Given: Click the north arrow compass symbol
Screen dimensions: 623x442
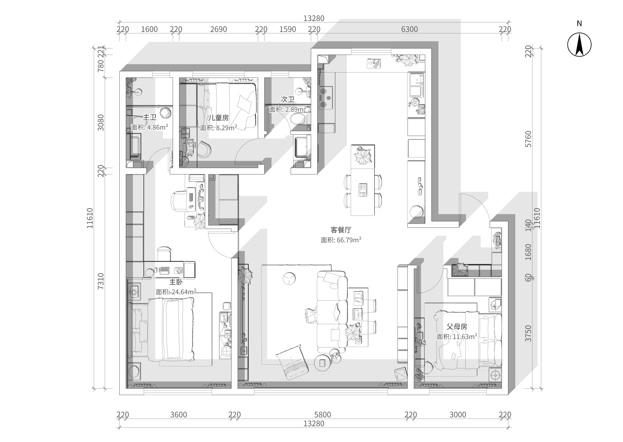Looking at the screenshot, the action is (x=579, y=45).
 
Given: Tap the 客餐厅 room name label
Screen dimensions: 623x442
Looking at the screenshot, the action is (x=341, y=230).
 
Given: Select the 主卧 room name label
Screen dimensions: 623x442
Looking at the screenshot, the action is (x=176, y=282).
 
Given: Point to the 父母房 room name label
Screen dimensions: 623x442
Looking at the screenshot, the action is (x=457, y=327).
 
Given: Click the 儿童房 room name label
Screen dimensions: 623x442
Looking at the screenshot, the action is (x=218, y=118).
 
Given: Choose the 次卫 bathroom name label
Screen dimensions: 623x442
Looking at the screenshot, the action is (x=288, y=99).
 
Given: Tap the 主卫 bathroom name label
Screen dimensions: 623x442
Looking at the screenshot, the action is (x=150, y=117).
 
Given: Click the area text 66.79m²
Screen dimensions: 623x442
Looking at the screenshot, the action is (x=349, y=240).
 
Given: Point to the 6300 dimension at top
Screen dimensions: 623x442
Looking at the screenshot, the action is (x=409, y=29).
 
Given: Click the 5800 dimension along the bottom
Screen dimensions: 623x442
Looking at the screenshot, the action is (x=322, y=415).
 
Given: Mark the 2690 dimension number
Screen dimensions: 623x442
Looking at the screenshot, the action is (x=218, y=29).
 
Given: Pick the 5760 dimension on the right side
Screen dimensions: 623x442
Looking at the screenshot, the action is (x=528, y=139).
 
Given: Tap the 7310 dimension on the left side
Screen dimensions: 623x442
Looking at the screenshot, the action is (x=100, y=281).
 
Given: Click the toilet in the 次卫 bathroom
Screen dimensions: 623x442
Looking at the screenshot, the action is (x=298, y=119).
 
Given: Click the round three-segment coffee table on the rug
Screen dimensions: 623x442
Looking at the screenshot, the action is (x=289, y=279).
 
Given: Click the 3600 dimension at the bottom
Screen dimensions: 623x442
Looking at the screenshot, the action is (x=179, y=415).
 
